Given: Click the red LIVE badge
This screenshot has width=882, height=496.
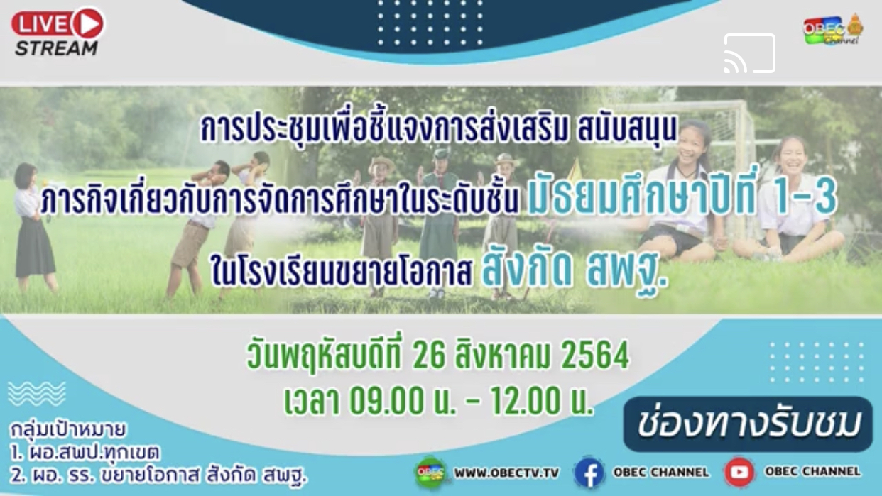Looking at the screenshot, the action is (x=58, y=23).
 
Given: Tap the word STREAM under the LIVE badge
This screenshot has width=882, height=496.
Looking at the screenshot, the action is (x=56, y=49).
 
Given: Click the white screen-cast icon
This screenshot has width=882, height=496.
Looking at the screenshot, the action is (x=750, y=53).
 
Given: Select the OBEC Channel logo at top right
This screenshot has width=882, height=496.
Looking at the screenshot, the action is (x=833, y=31).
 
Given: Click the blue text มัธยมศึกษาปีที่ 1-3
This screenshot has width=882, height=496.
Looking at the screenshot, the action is (x=682, y=201).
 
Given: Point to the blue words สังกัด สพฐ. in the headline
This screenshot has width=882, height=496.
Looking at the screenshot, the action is (x=575, y=270).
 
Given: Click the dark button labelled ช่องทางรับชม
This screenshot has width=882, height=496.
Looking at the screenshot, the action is (x=748, y=424).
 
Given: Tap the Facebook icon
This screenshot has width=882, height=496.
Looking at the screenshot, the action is (x=589, y=473).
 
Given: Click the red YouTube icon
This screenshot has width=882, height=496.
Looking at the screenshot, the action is (x=739, y=472).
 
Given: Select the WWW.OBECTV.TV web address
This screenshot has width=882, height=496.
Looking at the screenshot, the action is (x=507, y=473).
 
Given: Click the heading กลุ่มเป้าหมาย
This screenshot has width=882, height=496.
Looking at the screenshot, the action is (x=67, y=430).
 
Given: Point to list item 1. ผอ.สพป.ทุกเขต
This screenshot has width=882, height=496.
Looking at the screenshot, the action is (x=85, y=453).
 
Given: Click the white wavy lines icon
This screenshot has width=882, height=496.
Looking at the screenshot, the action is (x=37, y=394).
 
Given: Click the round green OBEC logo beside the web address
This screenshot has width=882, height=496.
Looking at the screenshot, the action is (x=431, y=473).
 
